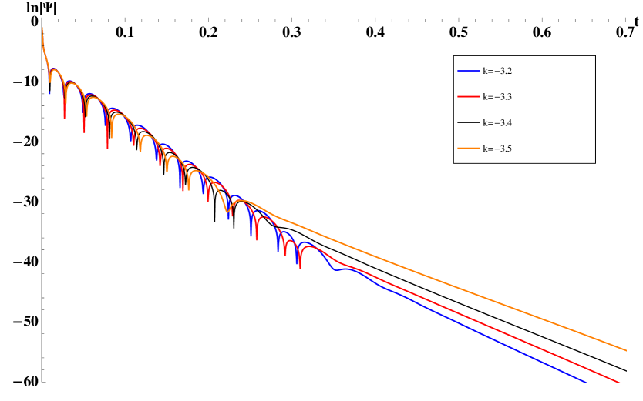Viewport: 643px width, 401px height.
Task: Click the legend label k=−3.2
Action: pyautogui.click(x=497, y=71)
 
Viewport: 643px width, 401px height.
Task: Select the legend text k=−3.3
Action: pyautogui.click(x=497, y=97)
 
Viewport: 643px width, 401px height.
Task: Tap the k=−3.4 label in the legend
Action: pyautogui.click(x=497, y=123)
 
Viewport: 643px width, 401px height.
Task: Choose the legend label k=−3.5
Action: pyautogui.click(x=497, y=149)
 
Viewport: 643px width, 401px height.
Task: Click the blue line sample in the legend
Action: pyautogui.click(x=469, y=71)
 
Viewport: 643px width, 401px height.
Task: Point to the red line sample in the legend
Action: pyautogui.click(x=469, y=97)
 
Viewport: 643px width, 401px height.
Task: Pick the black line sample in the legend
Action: pyautogui.click(x=469, y=123)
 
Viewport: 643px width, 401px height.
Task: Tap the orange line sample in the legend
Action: pyautogui.click(x=469, y=149)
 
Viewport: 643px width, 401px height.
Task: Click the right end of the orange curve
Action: pyautogui.click(x=626, y=350)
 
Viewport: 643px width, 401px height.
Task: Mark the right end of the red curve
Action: pyautogui.click(x=621, y=383)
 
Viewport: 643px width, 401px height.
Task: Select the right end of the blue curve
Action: pyautogui.click(x=587, y=383)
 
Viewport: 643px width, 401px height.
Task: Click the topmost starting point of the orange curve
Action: pyautogui.click(x=42, y=28)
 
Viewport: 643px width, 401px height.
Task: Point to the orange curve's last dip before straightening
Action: pyautogui.click(x=227, y=211)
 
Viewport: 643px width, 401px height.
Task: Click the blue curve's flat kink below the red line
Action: pyautogui.click(x=337, y=269)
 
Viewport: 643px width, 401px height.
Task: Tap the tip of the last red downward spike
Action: pyautogui.click(x=299, y=266)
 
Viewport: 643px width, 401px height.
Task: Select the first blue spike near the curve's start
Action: pyautogui.click(x=50, y=93)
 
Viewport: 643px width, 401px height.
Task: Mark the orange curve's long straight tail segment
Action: pyautogui.click(x=463, y=289)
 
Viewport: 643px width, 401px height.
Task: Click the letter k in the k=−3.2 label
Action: pyautogui.click(x=485, y=71)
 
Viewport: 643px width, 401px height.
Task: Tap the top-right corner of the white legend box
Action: pyautogui.click(x=594, y=56)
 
